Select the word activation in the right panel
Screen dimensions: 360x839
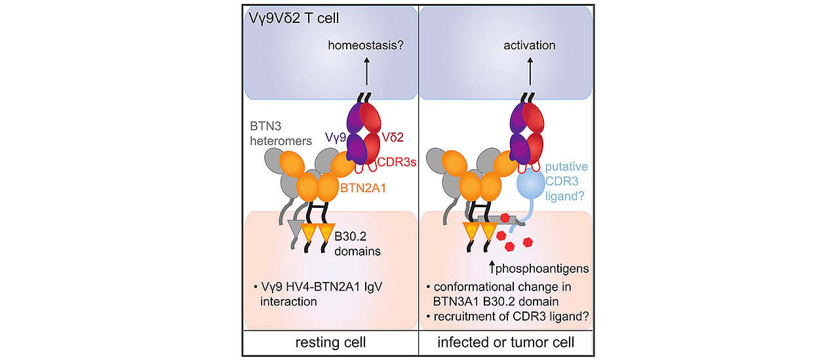529,45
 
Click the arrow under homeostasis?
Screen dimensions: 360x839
366,71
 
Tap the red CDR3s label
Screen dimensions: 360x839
399,161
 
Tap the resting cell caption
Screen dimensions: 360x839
330,342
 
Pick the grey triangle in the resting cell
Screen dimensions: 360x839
296,227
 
